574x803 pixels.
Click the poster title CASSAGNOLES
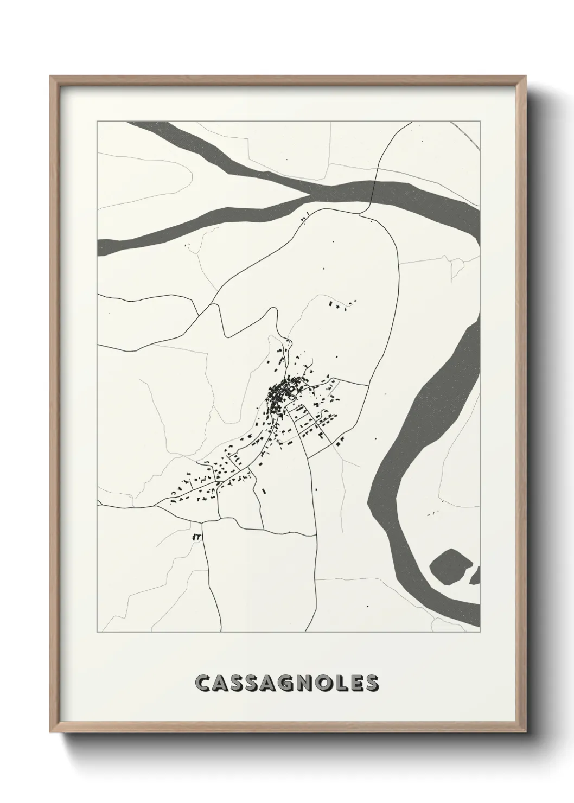(286, 683)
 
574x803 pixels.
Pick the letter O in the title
(321, 684)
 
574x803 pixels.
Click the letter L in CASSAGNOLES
(339, 684)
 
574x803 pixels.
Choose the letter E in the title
(354, 684)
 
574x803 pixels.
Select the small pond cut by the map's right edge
(475, 575)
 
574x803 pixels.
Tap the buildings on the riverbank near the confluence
(305, 218)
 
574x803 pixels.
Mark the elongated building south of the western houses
(264, 490)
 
